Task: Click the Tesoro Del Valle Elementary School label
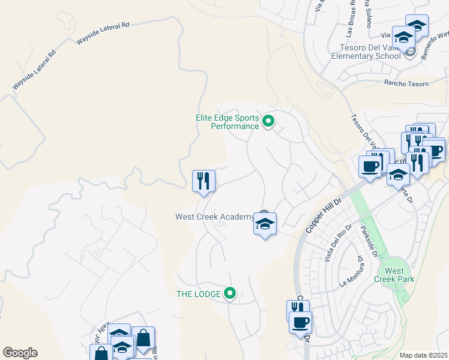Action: coord(366,52)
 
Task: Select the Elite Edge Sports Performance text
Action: coord(227,122)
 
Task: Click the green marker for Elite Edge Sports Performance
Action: coord(269,122)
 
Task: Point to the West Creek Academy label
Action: coord(214,217)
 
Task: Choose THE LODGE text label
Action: coord(197,294)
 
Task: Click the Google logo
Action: coord(20,353)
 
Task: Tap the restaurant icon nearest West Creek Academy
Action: coord(203,181)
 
